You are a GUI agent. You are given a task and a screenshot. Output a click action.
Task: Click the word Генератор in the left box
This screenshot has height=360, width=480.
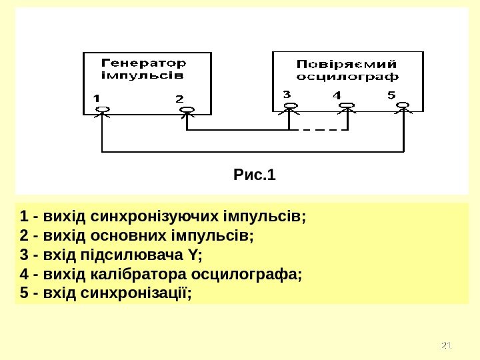143,63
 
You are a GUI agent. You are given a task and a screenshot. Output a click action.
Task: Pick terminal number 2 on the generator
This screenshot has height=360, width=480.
179,98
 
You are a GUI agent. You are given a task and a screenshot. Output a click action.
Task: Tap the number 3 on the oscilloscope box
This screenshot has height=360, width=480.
287,95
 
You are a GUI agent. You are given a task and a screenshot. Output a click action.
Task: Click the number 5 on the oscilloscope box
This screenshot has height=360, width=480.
391,95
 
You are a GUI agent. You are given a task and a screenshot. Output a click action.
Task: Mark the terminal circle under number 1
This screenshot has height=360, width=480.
101,109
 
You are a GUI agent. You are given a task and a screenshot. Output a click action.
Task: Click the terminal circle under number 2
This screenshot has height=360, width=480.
187,109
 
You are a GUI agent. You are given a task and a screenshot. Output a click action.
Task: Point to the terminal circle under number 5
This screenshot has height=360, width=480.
404,105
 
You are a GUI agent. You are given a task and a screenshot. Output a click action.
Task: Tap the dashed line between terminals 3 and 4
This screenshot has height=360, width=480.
319,129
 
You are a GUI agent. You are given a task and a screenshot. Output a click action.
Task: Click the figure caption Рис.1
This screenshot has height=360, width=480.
255,176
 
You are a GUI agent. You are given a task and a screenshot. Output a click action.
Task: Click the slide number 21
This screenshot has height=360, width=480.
447,345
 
